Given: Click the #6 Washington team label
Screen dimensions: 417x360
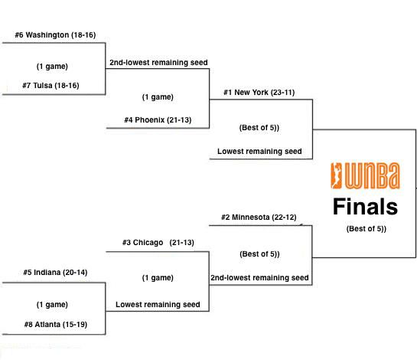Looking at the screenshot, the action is (x=55, y=35).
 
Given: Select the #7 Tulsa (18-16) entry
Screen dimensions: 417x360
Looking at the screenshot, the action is (x=50, y=86).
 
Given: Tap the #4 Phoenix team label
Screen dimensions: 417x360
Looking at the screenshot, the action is (x=158, y=119).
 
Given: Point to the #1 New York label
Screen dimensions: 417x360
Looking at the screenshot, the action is (x=259, y=93).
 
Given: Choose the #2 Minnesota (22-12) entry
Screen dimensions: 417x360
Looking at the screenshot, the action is (x=259, y=218).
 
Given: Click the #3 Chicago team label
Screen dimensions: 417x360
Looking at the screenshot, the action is (x=158, y=243).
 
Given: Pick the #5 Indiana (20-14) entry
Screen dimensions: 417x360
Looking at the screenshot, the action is (x=55, y=273).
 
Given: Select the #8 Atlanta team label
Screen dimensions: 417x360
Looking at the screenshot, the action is (x=56, y=324).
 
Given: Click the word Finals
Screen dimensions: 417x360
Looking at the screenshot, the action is (x=365, y=206).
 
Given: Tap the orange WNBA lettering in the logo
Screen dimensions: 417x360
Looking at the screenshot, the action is (x=373, y=175).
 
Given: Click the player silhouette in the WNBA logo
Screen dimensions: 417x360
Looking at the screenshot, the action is (x=337, y=175).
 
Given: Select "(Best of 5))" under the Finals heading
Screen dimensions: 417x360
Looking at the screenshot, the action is (x=367, y=229).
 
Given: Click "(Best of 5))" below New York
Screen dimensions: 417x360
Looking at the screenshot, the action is (x=259, y=128).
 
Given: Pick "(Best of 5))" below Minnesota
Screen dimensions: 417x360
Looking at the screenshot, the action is (x=259, y=254).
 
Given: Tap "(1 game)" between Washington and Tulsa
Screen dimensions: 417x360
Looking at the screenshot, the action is (x=52, y=67).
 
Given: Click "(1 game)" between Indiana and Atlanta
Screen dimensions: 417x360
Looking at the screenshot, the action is (x=52, y=304).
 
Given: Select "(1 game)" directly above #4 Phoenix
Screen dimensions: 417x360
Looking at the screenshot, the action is (x=158, y=97).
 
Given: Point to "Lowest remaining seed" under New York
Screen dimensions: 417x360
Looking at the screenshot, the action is (x=259, y=151).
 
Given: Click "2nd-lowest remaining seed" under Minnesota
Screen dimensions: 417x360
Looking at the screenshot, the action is (x=259, y=278).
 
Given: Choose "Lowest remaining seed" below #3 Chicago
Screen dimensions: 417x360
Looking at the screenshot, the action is (x=158, y=304).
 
